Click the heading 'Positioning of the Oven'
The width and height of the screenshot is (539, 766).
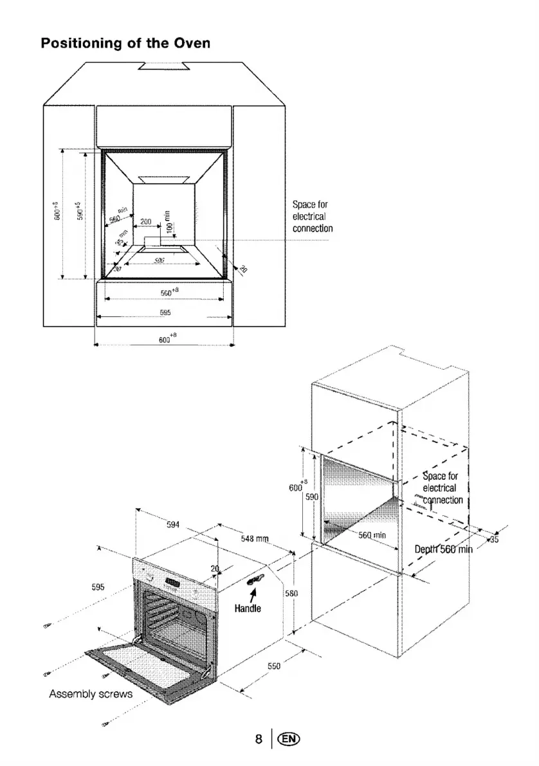tap(126, 44)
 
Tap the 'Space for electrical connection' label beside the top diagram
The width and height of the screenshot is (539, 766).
tap(313, 216)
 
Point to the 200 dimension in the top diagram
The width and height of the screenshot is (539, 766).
tap(145, 221)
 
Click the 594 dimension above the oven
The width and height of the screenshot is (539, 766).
tap(172, 524)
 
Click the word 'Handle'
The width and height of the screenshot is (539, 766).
tap(248, 608)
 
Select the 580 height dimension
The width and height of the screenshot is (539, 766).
tap(289, 592)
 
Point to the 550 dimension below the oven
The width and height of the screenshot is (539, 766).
tap(274, 666)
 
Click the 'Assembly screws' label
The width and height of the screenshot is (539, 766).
tap(91, 695)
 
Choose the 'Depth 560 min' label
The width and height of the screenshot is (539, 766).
tap(443, 549)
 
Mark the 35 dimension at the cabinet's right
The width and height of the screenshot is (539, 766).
tap(494, 540)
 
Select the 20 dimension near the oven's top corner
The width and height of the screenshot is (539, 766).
tap(215, 567)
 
